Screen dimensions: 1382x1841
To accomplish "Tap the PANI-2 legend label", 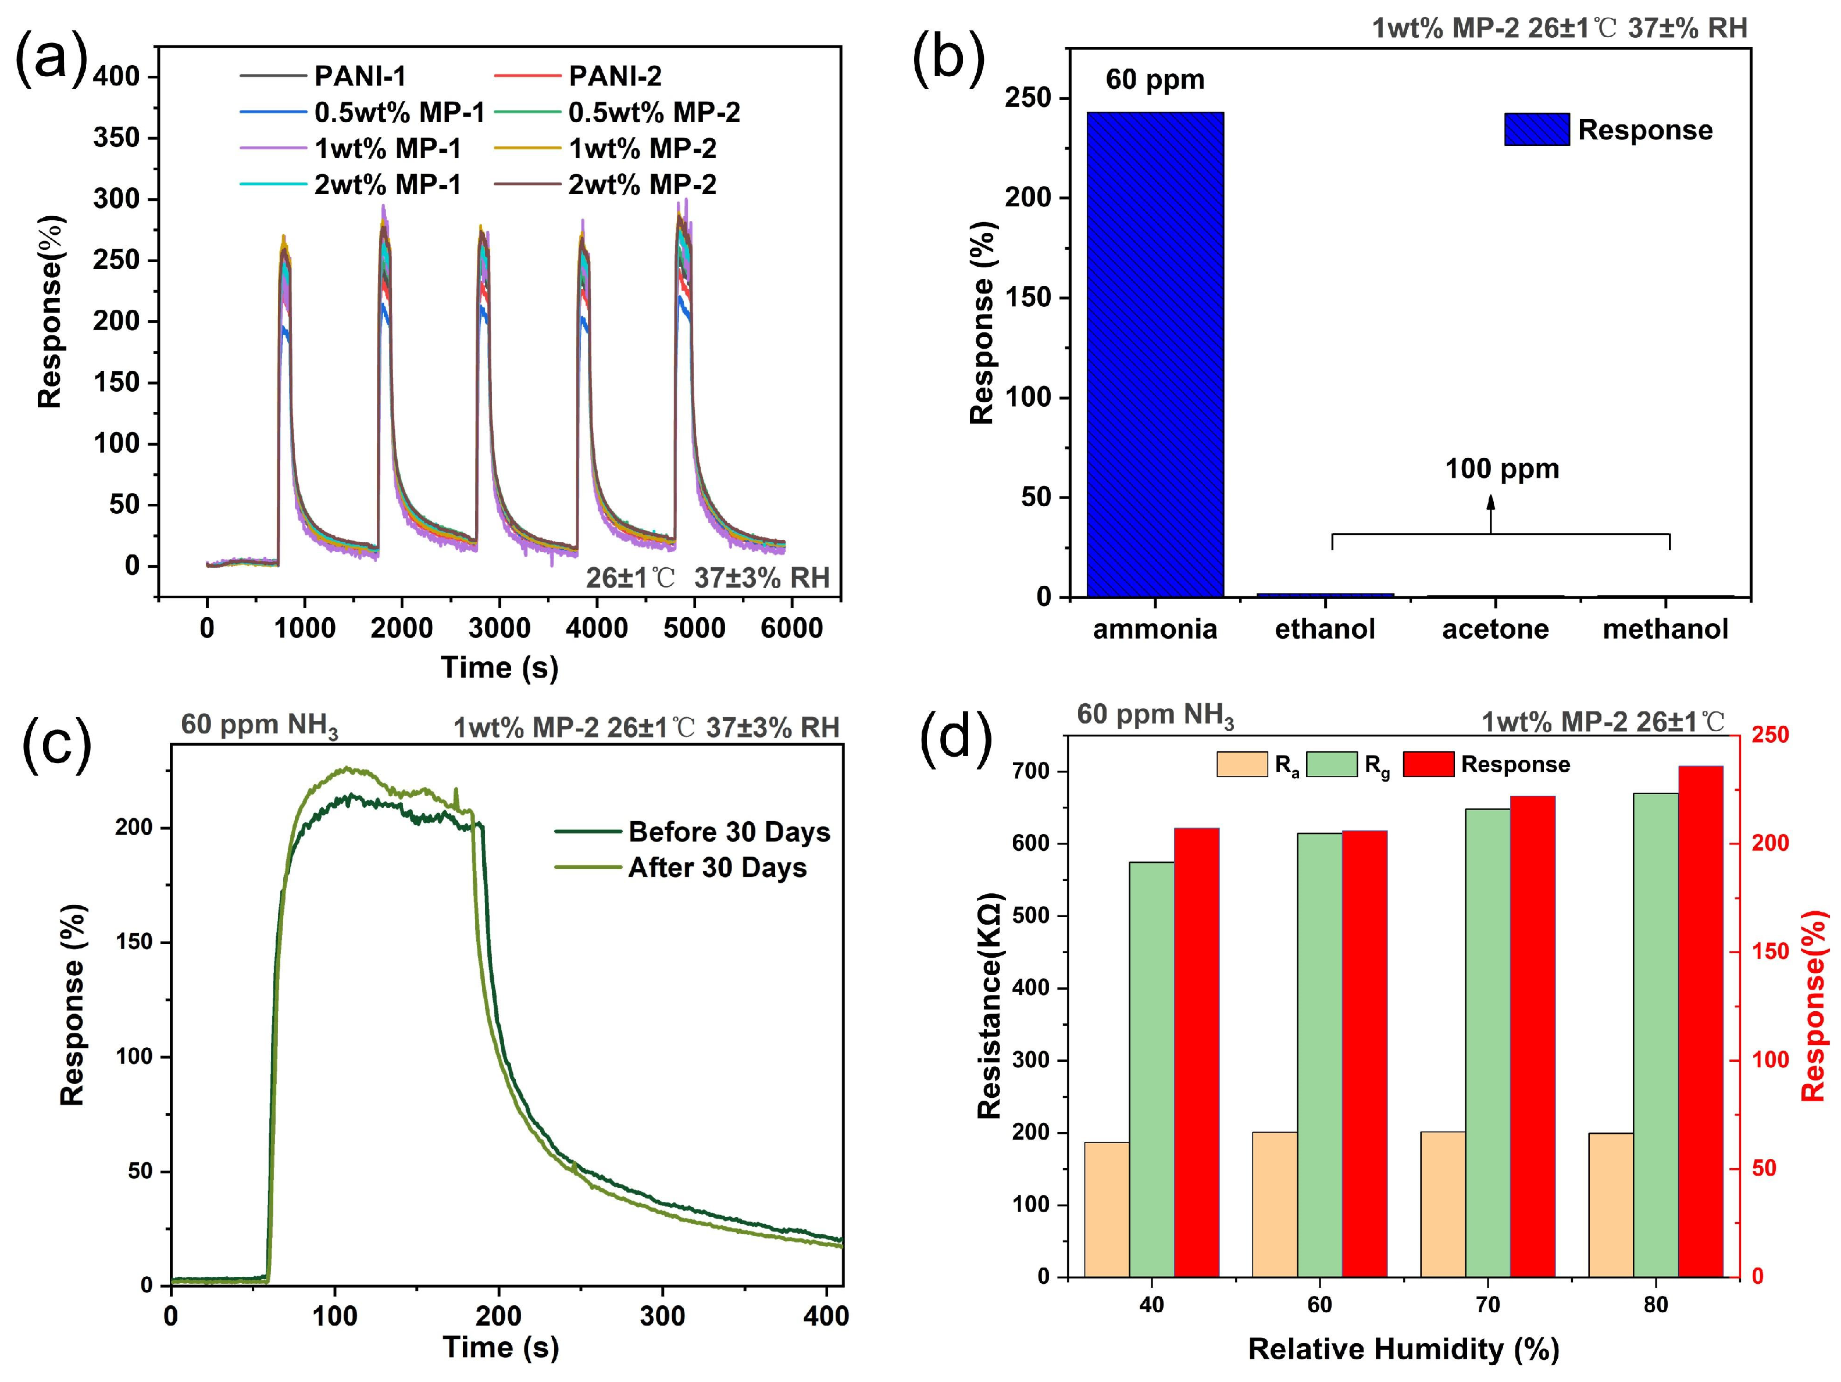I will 615,77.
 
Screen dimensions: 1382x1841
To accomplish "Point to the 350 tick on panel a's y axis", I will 116,137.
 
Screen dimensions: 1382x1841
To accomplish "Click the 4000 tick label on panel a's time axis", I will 596,628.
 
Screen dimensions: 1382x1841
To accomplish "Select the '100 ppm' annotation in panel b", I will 1501,469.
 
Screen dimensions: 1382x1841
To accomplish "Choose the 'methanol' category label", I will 1665,629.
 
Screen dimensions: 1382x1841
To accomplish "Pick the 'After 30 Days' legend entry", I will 716,868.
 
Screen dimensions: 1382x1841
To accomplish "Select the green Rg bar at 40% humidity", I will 1152,1069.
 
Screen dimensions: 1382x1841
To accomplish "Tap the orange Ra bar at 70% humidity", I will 1442,1204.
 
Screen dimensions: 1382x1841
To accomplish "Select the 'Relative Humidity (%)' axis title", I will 1403,1349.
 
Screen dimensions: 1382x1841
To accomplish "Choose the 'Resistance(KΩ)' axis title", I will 990,1006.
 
